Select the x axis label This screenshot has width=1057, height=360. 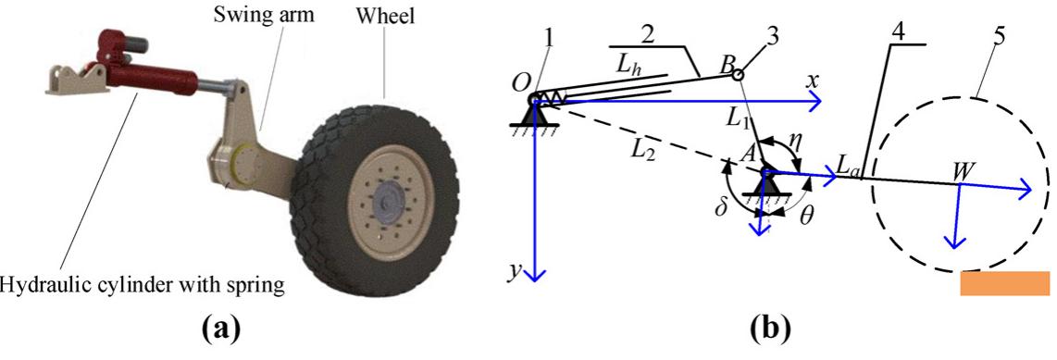coord(812,81)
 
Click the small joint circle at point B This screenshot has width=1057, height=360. coord(738,75)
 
